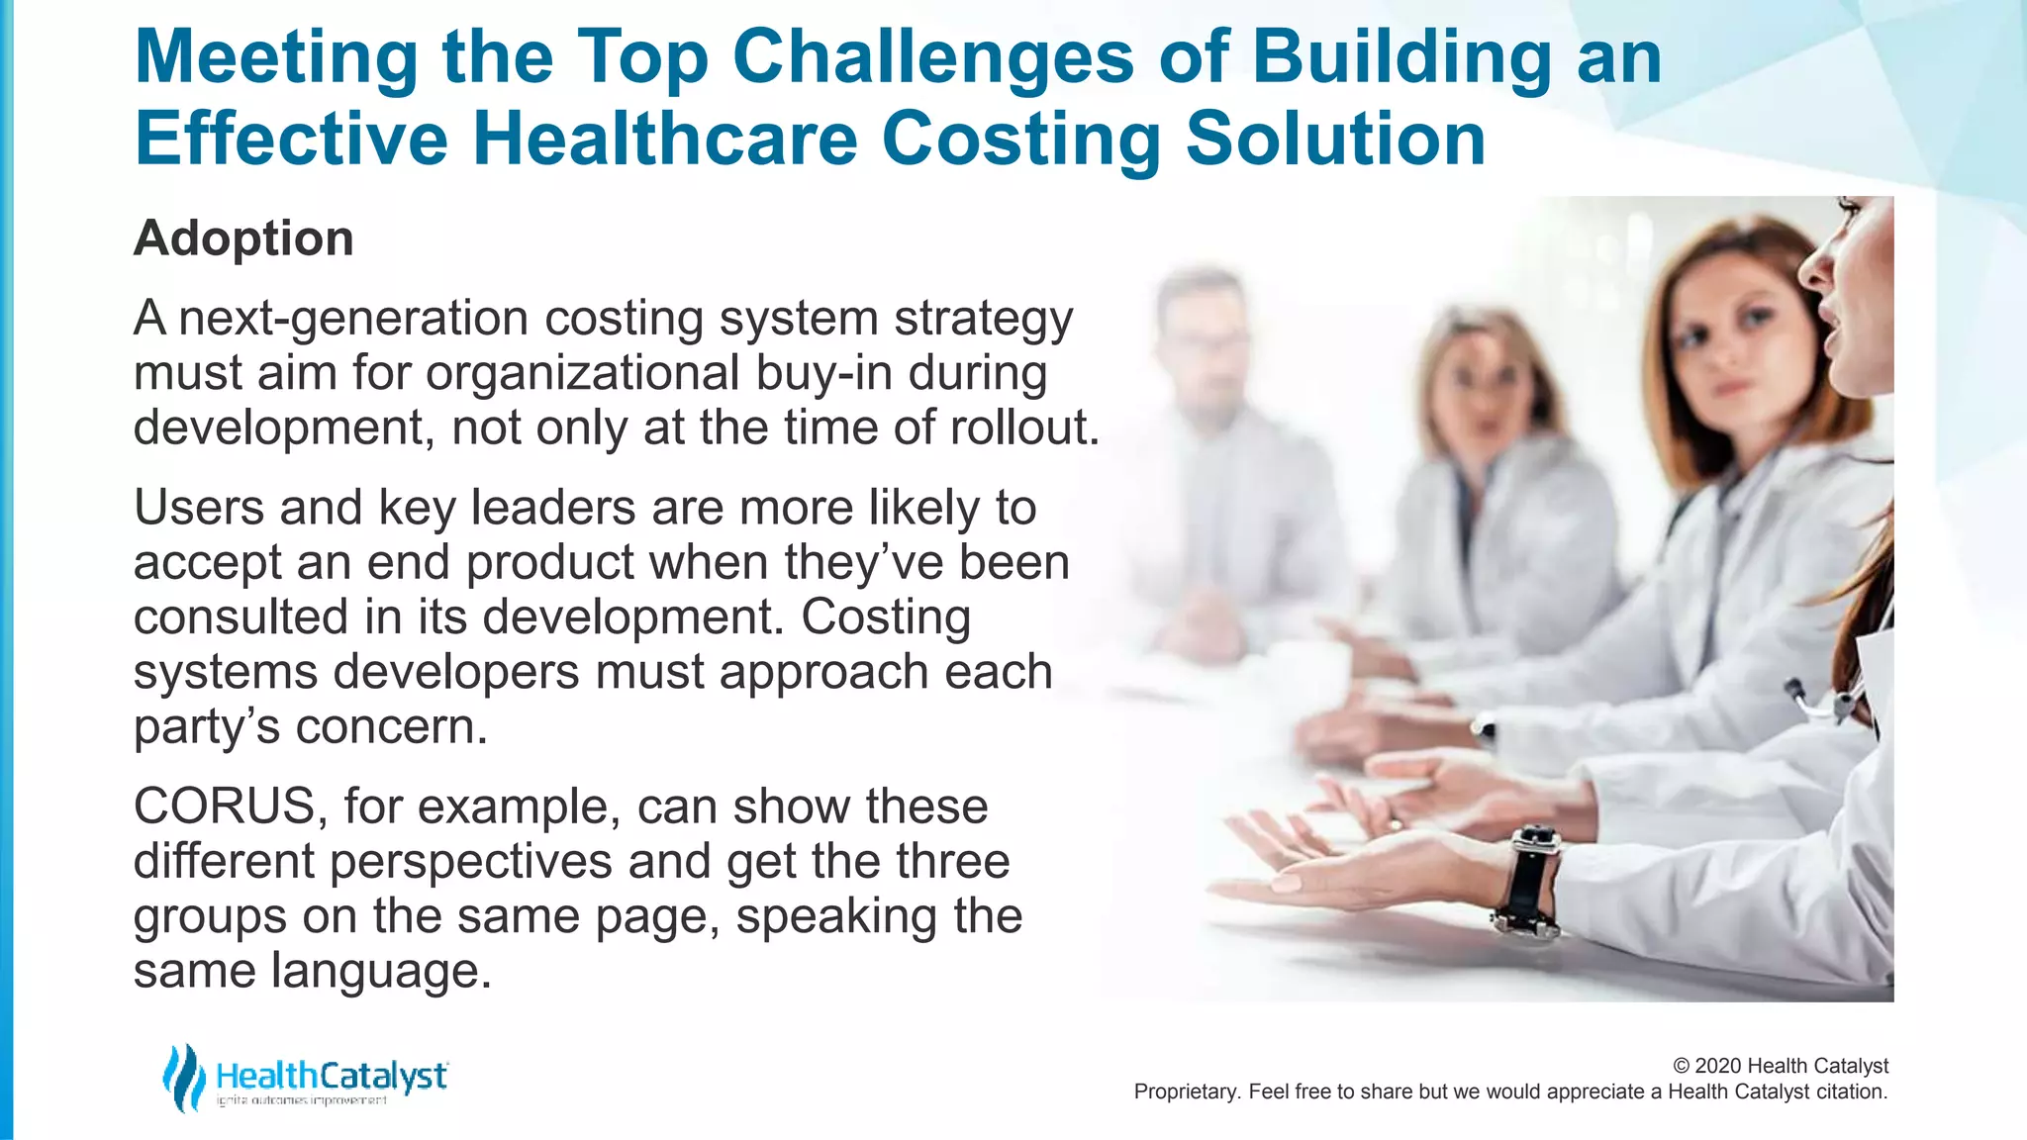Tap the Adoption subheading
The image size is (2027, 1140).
click(243, 238)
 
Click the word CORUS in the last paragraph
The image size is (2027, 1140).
click(224, 806)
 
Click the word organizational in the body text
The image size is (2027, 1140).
click(583, 373)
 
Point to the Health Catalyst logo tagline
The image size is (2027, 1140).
click(302, 1101)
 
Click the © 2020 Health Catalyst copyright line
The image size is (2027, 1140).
click(1780, 1066)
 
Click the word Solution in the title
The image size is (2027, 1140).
click(1335, 139)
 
